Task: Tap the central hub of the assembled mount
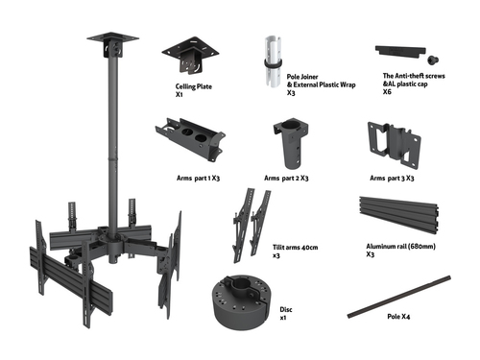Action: [114, 242]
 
